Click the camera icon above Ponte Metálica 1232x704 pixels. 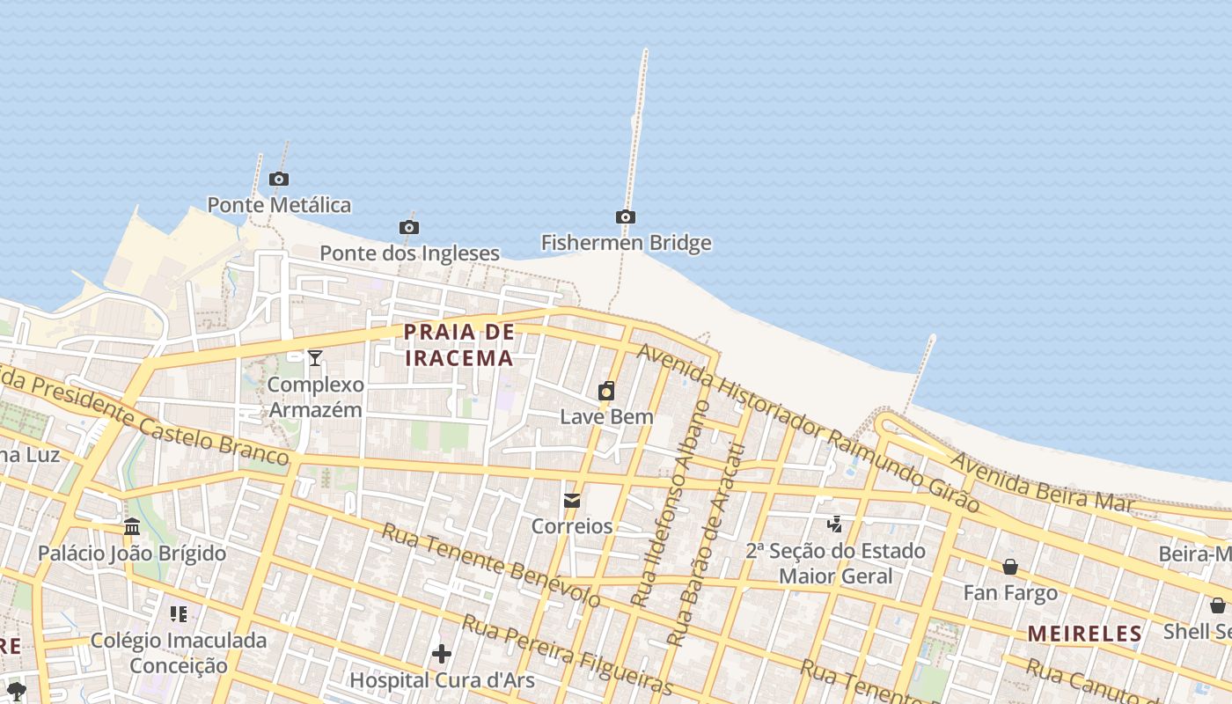coord(279,180)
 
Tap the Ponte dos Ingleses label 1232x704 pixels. coord(409,253)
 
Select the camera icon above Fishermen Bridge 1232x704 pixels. coord(625,217)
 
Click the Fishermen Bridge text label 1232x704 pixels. coord(626,243)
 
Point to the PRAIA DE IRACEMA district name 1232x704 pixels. coord(458,345)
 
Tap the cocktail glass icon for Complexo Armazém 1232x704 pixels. coord(315,358)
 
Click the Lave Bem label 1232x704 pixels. coord(606,416)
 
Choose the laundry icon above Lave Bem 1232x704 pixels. coord(606,391)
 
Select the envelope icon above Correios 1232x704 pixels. coord(572,501)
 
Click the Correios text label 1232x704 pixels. coord(572,526)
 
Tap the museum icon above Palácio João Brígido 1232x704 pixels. coord(132,527)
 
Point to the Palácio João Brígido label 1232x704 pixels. coord(132,554)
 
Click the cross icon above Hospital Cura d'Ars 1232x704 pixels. coord(442,654)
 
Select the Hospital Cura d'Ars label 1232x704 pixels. coord(442,680)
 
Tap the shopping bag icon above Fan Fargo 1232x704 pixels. coord(1010,567)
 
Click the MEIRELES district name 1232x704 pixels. coord(1084,634)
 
